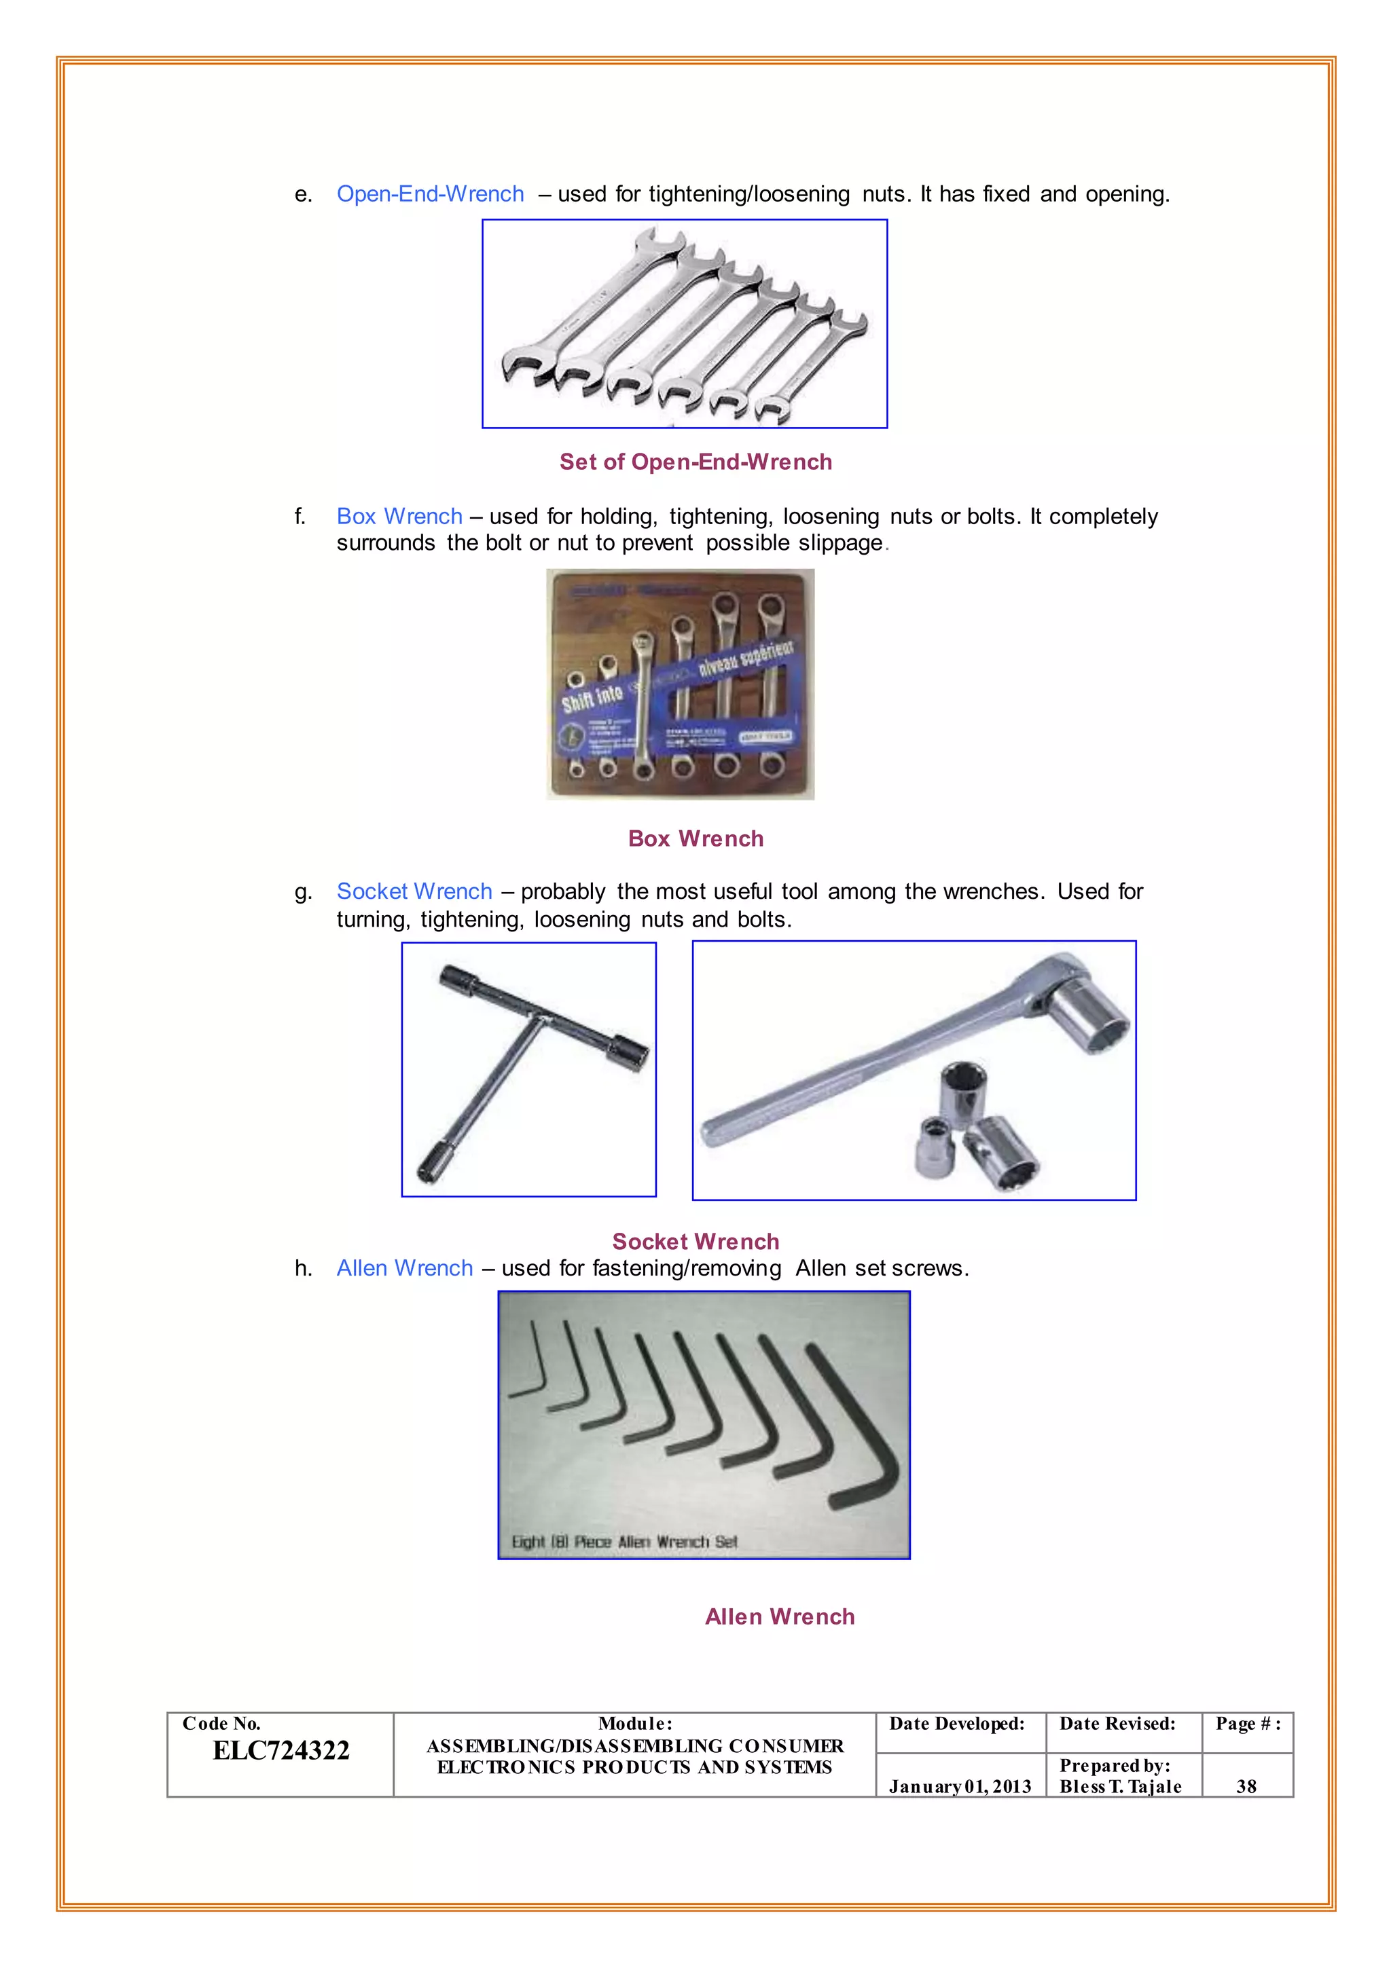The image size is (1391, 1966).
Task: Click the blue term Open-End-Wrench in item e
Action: click(430, 194)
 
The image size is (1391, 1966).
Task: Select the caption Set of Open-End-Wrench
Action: click(695, 462)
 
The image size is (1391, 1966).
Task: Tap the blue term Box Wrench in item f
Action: click(399, 517)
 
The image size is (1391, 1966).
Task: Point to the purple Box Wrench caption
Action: click(695, 838)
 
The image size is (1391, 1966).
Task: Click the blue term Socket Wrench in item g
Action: click(414, 891)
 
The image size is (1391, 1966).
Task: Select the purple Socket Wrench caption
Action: click(695, 1242)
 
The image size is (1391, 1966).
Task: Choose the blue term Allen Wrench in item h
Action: click(404, 1268)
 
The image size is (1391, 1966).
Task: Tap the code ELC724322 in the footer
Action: click(281, 1751)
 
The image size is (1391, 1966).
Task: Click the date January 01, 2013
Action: click(959, 1786)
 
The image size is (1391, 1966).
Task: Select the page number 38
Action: click(1246, 1786)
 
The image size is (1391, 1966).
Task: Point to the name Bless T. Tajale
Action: click(1120, 1786)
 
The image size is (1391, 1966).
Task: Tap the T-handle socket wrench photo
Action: click(528, 1069)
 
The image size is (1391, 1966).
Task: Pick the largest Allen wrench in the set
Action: click(856, 1430)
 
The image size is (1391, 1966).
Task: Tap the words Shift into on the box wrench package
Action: click(591, 698)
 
